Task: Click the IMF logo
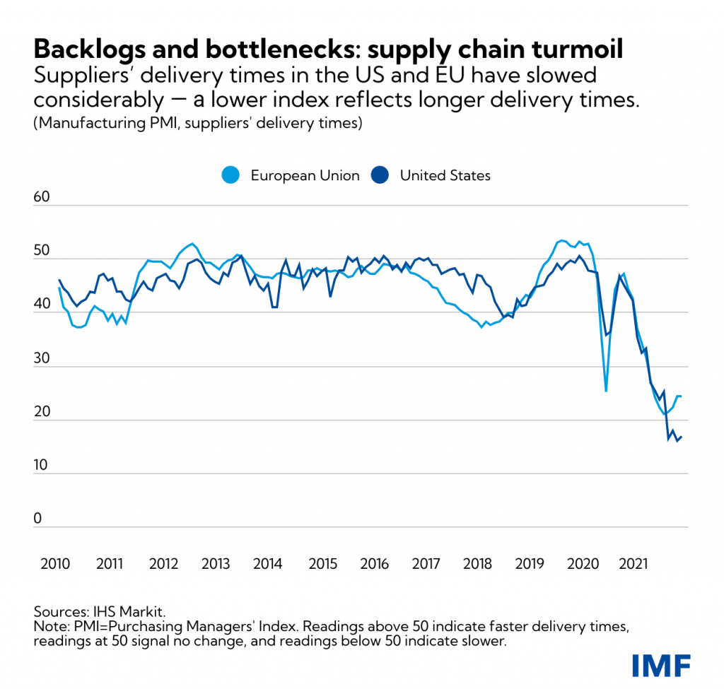click(660, 665)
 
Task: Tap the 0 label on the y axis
click(37, 519)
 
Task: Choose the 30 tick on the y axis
click(43, 358)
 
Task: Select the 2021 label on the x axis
click(633, 564)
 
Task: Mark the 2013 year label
click(216, 564)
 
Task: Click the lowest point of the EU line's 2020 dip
click(606, 391)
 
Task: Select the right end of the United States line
click(682, 437)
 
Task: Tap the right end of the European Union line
click(680, 396)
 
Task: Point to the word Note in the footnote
click(47, 623)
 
